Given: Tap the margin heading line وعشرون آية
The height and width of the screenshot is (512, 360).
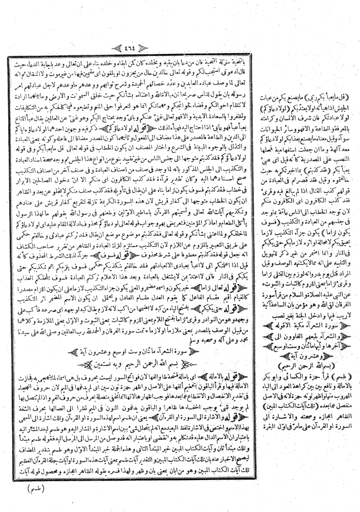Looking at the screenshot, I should click(307, 311).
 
